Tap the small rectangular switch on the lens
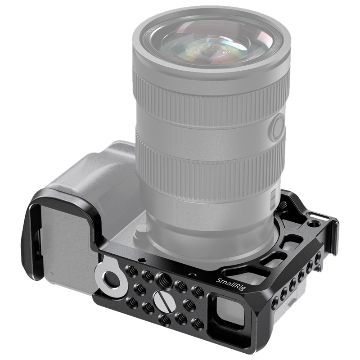(273, 196)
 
